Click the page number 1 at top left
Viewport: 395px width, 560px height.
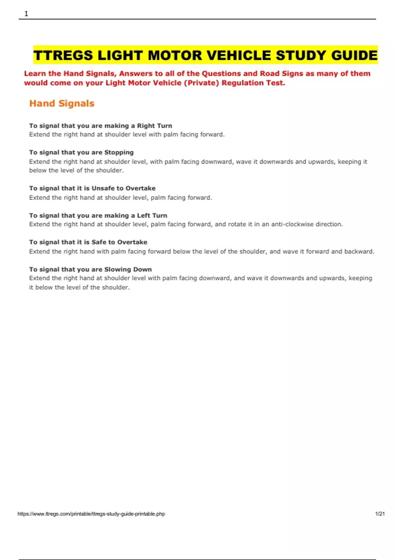(26, 14)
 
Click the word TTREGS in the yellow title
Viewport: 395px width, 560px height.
(63, 55)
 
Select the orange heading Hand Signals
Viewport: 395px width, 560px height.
(62, 103)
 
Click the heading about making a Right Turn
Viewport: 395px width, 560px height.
(100, 126)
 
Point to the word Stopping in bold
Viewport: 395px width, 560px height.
(119, 153)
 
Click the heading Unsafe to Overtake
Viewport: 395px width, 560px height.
(123, 188)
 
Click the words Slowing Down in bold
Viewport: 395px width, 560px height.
(128, 269)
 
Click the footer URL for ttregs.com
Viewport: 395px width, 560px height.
(91, 514)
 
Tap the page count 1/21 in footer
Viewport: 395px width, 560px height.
(380, 514)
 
